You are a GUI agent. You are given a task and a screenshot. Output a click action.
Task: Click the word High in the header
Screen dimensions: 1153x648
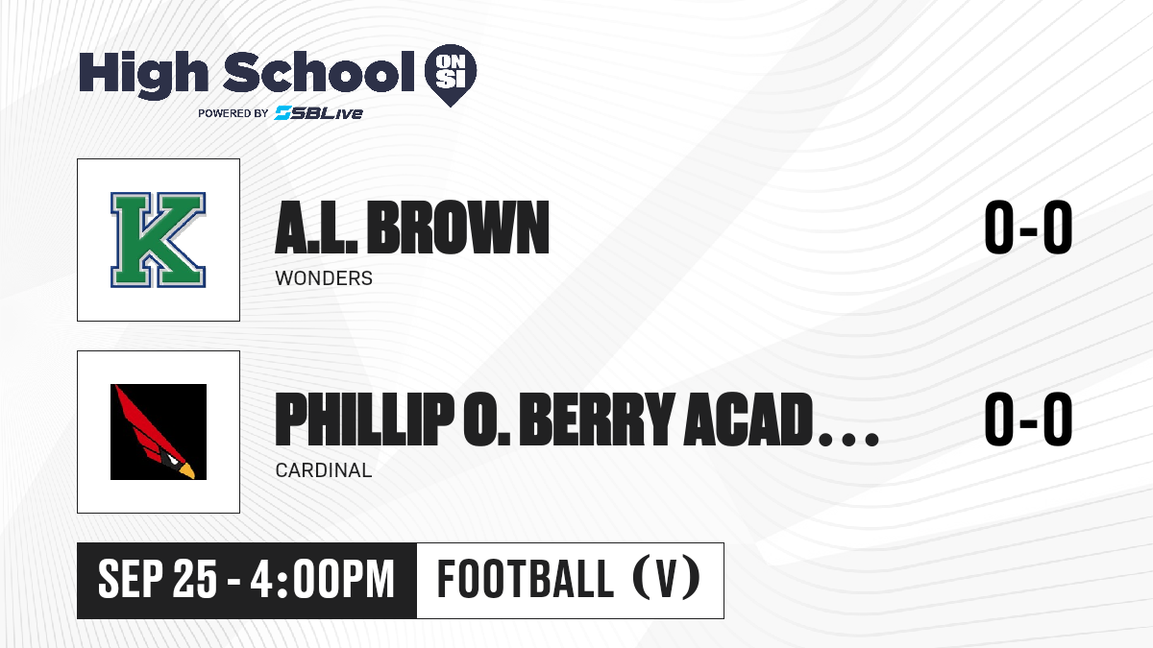(x=143, y=75)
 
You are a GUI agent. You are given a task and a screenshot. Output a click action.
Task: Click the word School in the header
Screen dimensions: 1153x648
(x=319, y=72)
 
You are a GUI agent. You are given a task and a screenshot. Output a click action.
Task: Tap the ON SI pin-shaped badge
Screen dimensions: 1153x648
(x=451, y=75)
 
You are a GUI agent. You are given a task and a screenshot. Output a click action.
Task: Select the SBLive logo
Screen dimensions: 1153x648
(x=319, y=112)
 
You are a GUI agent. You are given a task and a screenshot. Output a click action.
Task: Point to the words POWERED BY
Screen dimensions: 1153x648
(x=233, y=113)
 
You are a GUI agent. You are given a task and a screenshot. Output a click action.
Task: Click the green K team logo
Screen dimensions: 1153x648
(x=158, y=240)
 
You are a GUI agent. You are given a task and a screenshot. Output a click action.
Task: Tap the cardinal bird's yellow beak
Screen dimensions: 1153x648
(x=187, y=470)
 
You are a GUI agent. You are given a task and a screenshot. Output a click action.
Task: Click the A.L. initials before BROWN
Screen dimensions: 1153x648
(x=316, y=228)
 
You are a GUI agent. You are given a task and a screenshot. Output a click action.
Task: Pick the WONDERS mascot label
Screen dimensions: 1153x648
(x=324, y=278)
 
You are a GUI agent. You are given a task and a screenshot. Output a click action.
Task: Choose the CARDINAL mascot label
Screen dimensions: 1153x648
(x=324, y=470)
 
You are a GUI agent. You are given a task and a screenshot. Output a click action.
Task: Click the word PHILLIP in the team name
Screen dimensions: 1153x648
(x=365, y=420)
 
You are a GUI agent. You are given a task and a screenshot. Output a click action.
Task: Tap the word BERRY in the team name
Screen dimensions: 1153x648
(x=597, y=420)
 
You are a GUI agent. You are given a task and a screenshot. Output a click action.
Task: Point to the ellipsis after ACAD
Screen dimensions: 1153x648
(x=848, y=439)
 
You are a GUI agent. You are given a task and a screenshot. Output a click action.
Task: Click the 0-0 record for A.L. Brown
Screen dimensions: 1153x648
(x=1028, y=227)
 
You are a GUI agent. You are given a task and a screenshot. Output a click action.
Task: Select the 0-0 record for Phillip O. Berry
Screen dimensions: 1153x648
(x=1028, y=419)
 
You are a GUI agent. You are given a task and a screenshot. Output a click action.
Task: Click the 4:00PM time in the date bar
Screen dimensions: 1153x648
(x=322, y=579)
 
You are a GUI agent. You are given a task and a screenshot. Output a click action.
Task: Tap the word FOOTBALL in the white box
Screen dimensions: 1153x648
(x=525, y=579)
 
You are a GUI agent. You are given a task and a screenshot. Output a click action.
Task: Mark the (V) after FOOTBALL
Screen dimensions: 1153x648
(x=667, y=579)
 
